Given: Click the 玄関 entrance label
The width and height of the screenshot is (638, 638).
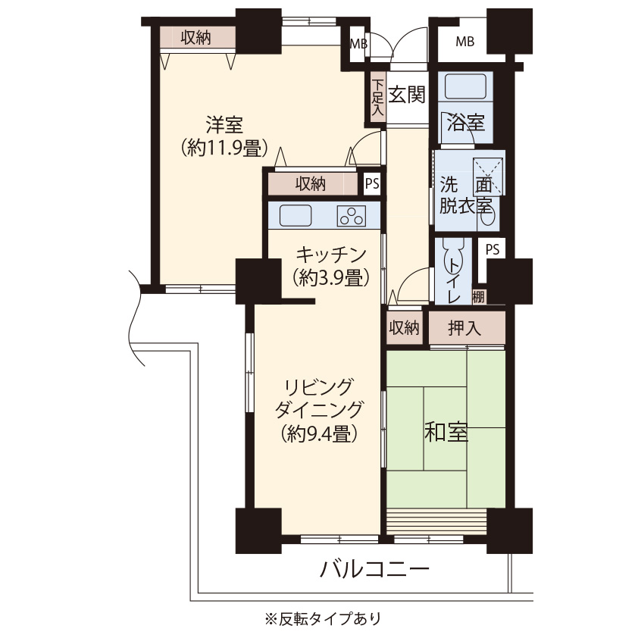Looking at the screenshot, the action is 406,95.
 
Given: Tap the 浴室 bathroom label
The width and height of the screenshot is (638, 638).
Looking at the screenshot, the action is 465,122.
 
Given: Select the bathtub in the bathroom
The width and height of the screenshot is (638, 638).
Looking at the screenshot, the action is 465,86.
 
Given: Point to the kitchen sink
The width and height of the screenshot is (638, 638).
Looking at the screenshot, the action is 296,215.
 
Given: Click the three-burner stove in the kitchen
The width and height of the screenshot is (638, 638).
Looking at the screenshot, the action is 352,216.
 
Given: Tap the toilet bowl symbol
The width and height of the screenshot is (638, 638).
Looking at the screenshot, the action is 453,257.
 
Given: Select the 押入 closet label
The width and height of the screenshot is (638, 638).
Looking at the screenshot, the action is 464,328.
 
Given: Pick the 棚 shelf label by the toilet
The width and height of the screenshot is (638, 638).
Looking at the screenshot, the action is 479,296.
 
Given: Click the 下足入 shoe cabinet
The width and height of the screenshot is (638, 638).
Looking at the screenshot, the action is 378,98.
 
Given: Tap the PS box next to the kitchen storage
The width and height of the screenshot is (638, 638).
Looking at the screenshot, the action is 372,184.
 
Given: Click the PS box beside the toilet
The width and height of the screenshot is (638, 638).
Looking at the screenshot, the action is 492,249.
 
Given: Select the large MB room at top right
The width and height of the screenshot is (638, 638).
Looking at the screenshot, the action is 464,41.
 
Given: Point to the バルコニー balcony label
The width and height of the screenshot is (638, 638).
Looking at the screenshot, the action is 374,569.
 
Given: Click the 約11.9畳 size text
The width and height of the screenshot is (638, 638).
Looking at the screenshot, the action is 224,148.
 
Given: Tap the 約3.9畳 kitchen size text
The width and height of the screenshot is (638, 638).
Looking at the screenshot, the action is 331,278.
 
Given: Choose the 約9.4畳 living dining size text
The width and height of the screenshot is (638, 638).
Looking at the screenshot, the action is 320,433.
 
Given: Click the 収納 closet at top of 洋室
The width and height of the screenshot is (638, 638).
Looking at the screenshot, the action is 198,37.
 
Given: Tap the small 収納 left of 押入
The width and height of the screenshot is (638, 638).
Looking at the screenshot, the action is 404,327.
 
